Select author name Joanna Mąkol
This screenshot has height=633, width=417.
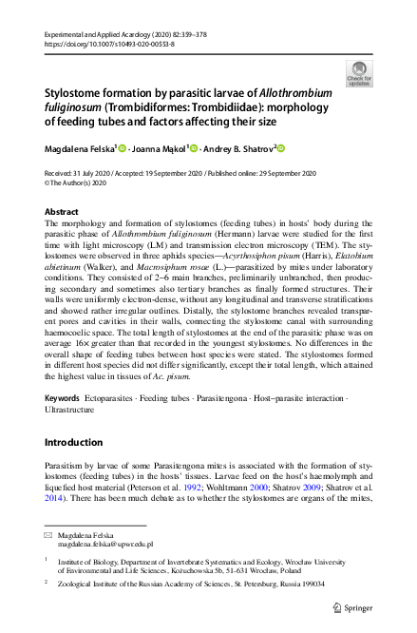click(x=158, y=148)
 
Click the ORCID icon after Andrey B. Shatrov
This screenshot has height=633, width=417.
click(x=281, y=148)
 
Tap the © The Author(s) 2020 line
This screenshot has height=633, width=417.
click(x=80, y=182)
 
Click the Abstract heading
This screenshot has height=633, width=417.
click(x=63, y=210)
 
